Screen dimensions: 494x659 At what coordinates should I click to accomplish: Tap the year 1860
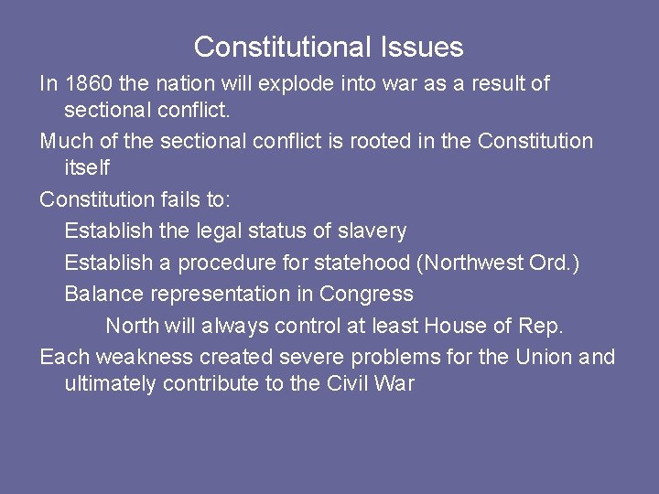(x=89, y=84)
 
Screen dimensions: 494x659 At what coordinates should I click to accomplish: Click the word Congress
(x=369, y=295)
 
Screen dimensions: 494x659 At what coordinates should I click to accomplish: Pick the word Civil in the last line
(x=348, y=384)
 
